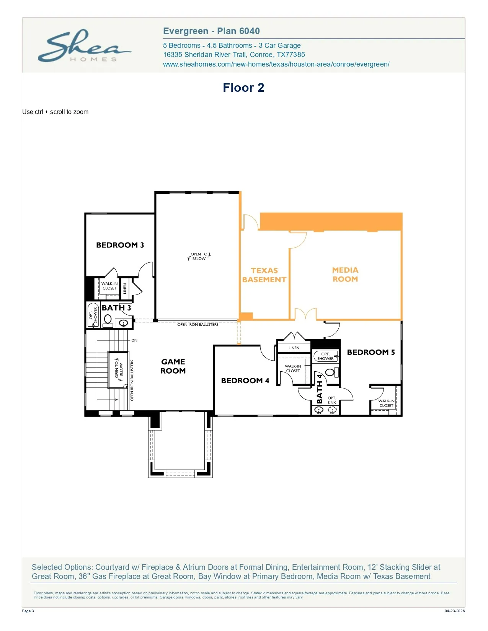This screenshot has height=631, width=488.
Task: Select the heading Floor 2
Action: point(243,88)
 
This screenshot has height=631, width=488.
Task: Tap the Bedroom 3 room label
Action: point(120,245)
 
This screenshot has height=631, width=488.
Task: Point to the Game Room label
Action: point(173,366)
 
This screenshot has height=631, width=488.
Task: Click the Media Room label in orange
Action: point(345,275)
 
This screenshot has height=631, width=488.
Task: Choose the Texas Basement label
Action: point(264,275)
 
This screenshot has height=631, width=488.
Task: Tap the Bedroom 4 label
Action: point(245,381)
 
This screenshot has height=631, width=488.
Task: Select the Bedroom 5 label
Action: point(371,352)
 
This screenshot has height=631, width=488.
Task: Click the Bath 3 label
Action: point(116,307)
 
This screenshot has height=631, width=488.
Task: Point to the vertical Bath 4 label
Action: point(319,389)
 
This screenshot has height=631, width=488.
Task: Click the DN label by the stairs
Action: point(134,340)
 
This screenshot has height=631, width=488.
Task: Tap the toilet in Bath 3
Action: point(108,320)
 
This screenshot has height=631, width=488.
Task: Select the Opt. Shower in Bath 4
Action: point(326,356)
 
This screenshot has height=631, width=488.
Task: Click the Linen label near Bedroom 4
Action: point(294,348)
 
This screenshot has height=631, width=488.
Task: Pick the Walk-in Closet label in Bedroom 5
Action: point(386,403)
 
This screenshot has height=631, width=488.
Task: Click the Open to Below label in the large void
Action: point(199,256)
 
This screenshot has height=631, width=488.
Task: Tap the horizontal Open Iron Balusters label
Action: point(197,324)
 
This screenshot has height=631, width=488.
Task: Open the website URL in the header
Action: point(276,64)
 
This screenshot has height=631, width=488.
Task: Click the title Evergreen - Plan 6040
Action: point(211,31)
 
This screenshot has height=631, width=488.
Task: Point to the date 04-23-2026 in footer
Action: point(455,611)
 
